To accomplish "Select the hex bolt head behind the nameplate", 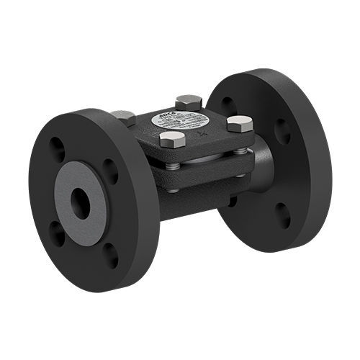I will (x=188, y=102).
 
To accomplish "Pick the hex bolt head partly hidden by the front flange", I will (x=123, y=116).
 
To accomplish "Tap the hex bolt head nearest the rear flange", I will (x=239, y=123).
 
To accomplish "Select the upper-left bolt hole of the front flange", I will (x=56, y=149).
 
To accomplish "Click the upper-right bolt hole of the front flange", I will (x=110, y=171).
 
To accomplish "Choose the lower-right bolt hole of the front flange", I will (x=109, y=254).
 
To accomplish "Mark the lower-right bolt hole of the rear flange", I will (x=283, y=214).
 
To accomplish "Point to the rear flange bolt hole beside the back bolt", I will (x=228, y=102).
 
